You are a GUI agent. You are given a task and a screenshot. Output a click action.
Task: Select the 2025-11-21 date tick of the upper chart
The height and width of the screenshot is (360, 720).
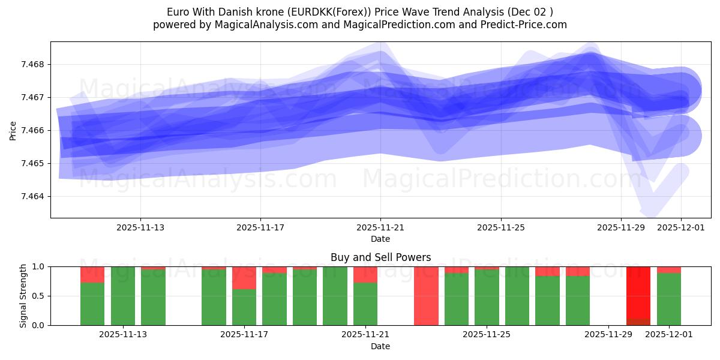coord(380,228)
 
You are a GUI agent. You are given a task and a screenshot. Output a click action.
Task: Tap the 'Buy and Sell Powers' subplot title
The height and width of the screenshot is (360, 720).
coord(380,257)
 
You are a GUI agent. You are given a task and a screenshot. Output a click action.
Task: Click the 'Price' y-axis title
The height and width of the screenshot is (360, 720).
coord(13,130)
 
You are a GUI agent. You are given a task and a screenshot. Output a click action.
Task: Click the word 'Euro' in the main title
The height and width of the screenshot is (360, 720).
coord(178,12)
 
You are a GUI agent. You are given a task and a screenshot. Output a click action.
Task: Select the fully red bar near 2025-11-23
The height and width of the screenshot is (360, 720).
coord(426,296)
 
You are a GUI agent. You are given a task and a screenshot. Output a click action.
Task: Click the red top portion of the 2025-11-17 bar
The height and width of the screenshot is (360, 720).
coord(244,278)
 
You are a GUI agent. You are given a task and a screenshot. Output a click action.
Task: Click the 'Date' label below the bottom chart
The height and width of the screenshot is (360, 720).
coord(380,346)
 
